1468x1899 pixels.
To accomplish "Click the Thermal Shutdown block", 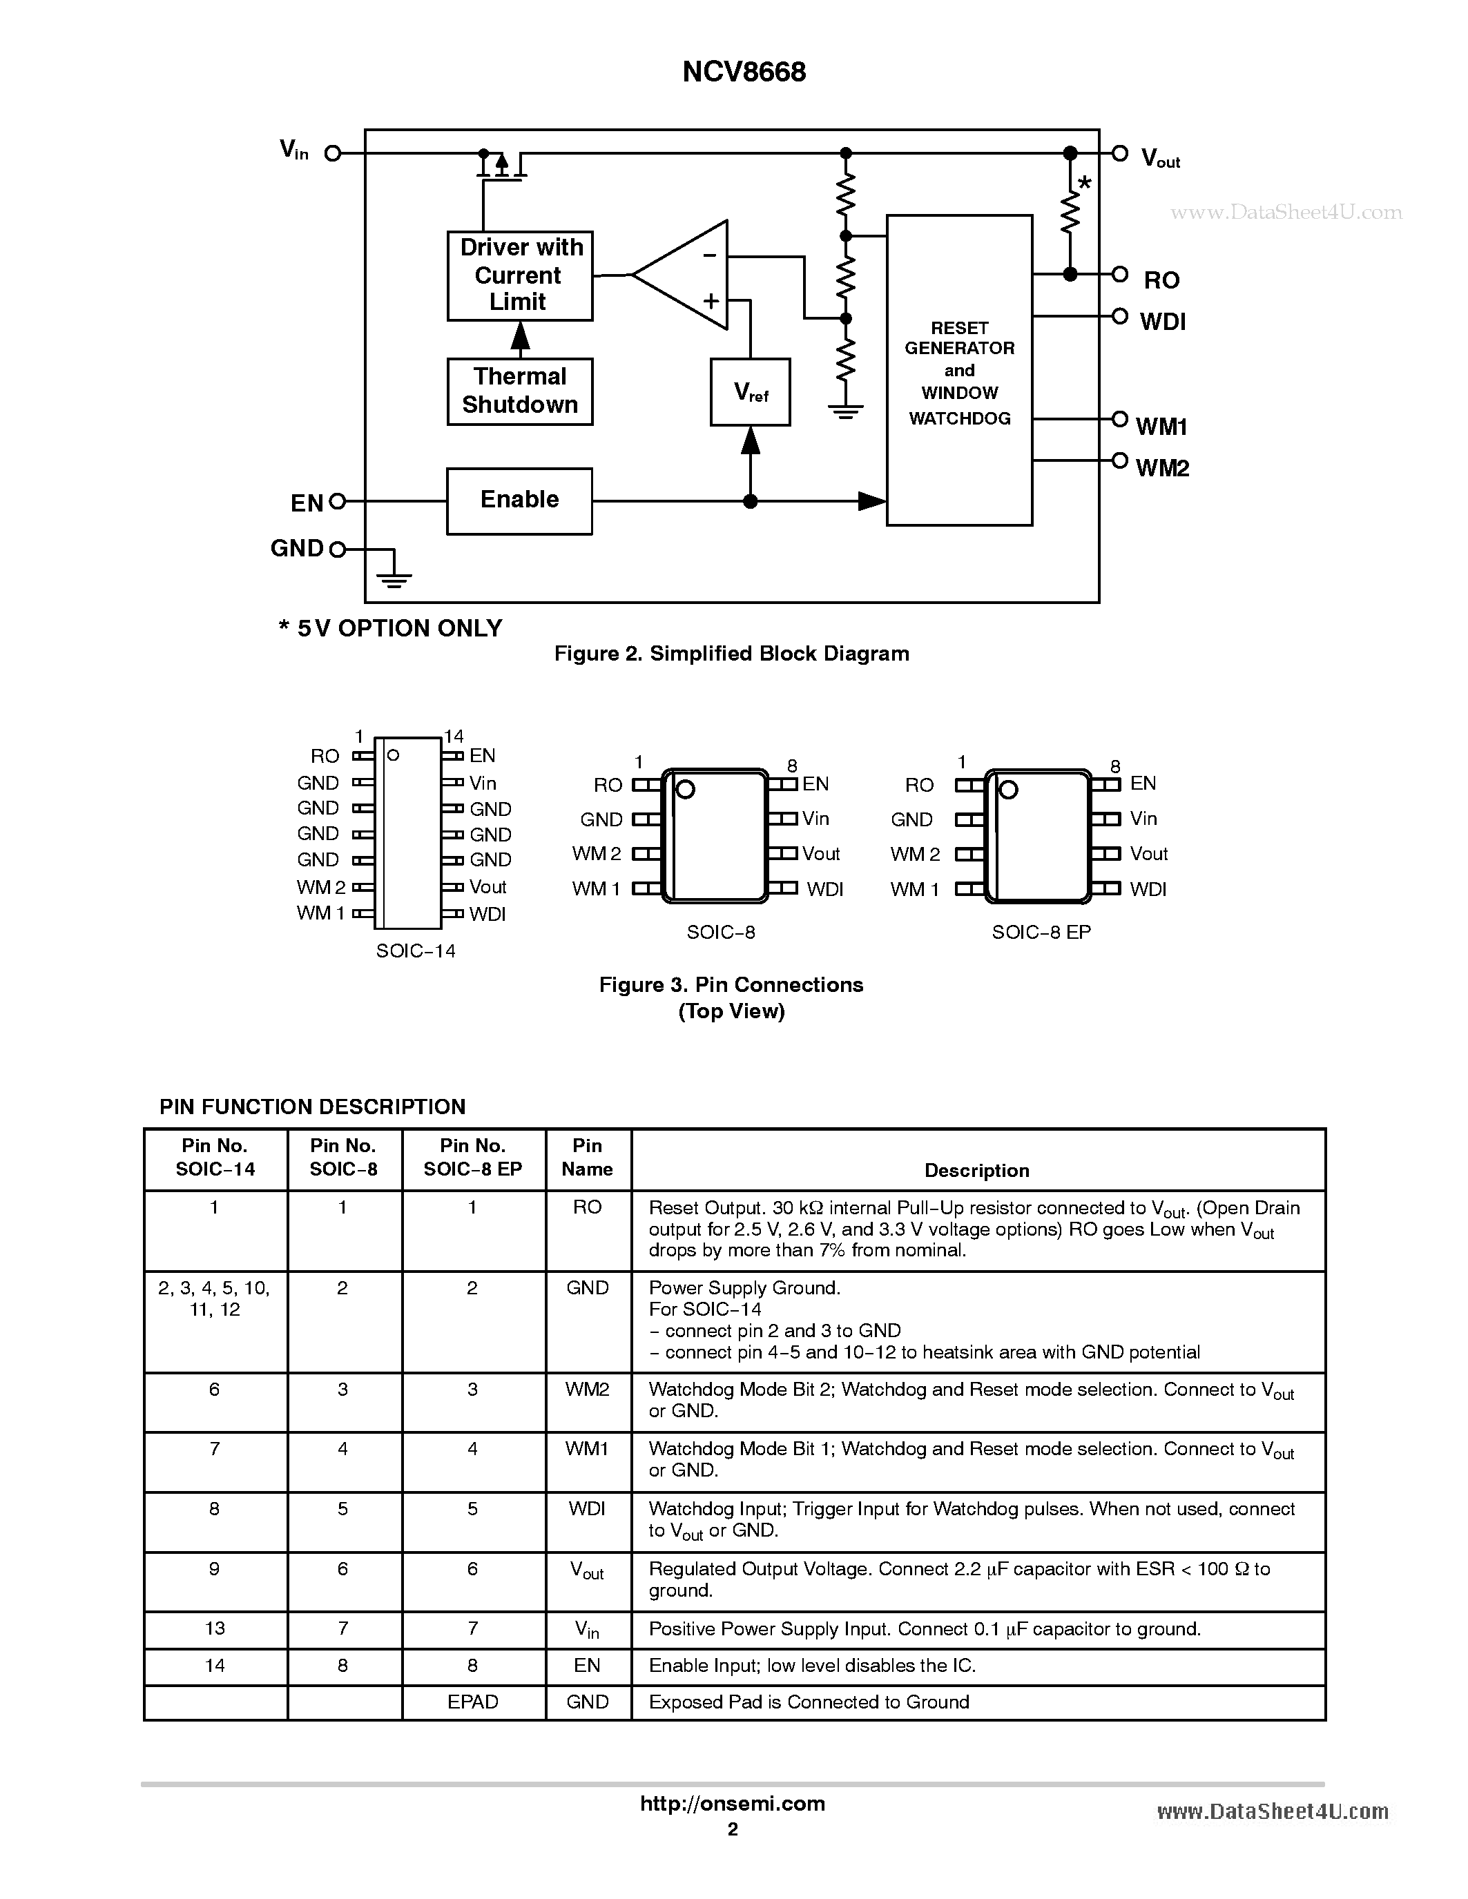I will (x=519, y=391).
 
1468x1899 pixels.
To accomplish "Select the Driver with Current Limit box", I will (x=519, y=275).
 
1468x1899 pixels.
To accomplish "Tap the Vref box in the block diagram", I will (x=750, y=392).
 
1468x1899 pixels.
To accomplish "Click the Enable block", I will (x=519, y=501).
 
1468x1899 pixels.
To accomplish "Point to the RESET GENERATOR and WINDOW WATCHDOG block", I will (x=958, y=371).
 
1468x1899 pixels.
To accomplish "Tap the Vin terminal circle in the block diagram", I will (x=332, y=154).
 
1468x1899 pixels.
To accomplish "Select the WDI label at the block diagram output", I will (x=1162, y=322).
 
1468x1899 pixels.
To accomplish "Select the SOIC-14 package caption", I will (x=416, y=951).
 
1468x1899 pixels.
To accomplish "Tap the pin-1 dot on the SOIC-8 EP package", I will (x=1008, y=790).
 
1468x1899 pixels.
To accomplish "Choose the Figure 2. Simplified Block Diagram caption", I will (x=731, y=654).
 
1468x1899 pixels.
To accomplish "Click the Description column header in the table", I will (x=976, y=1170).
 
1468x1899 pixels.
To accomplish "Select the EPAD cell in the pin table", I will (x=472, y=1702).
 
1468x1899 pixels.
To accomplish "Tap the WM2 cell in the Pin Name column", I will (x=587, y=1390).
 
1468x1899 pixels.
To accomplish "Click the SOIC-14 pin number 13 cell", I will (x=215, y=1628).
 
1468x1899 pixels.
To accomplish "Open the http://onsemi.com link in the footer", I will (x=732, y=1803).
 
